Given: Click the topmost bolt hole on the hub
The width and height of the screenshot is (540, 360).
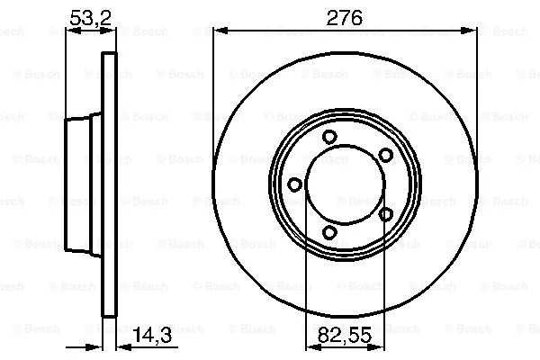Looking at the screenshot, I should tap(329, 137).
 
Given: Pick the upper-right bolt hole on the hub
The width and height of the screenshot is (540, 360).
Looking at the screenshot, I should tap(385, 155).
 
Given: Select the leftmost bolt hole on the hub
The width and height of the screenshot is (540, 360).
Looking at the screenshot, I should tap(294, 184).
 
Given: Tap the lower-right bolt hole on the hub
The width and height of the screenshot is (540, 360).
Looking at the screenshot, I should tap(385, 214).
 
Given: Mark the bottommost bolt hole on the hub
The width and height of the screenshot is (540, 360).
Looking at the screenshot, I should tap(329, 233).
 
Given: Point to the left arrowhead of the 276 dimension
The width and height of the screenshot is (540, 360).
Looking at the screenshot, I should tap(220, 31).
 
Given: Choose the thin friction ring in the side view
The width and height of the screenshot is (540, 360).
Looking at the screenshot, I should tap(111, 184).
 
